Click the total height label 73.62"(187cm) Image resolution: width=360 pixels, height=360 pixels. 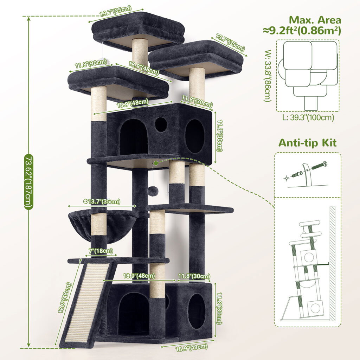tap(29, 182)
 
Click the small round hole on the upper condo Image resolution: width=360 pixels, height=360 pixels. tap(161, 124)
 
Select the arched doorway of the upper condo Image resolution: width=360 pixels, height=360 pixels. tap(134, 137)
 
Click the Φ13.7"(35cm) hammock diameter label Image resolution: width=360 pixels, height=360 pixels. tap(102, 201)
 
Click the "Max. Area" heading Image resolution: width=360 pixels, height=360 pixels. tap(315, 20)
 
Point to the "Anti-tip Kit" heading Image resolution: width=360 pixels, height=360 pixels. tap(307, 143)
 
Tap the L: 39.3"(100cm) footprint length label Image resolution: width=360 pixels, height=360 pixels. tap(308, 117)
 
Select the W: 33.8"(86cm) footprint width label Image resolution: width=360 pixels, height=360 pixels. tap(268, 76)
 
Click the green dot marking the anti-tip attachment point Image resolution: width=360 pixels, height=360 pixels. tap(156, 163)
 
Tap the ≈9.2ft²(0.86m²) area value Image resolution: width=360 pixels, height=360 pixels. tap(302, 31)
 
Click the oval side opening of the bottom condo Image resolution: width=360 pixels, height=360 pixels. tap(197, 311)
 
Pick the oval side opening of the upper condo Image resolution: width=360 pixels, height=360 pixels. tap(195, 136)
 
